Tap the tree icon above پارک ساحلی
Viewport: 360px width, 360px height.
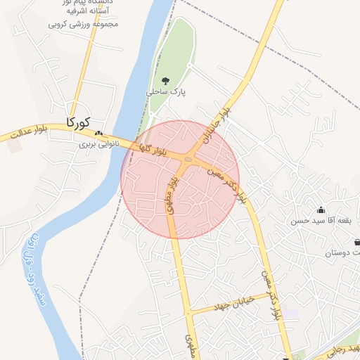point(166,81)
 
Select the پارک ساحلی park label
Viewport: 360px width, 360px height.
point(165,92)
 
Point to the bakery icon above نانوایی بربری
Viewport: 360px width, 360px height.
point(98,133)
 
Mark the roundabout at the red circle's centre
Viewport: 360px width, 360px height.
point(188,160)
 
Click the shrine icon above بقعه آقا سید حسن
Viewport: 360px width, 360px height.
point(321,210)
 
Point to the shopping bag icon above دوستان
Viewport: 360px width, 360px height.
point(356,241)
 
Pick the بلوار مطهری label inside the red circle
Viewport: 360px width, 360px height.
point(172,197)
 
